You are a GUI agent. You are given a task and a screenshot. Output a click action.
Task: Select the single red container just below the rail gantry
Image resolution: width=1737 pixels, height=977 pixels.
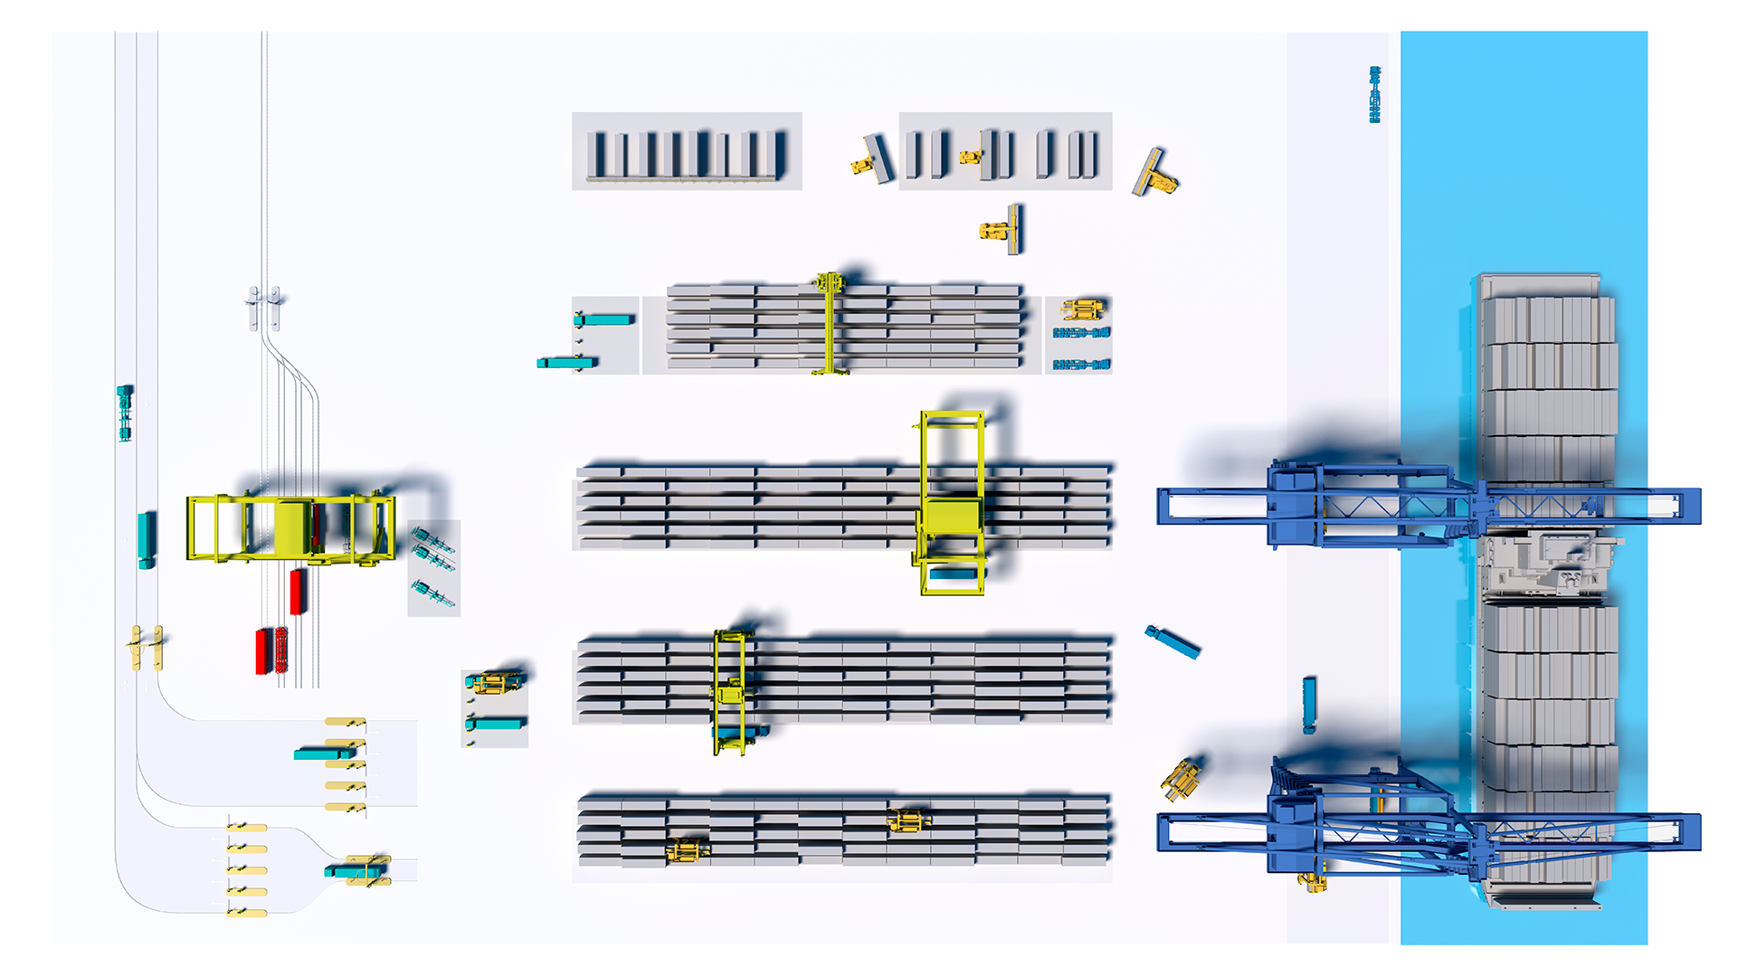coord(297,591)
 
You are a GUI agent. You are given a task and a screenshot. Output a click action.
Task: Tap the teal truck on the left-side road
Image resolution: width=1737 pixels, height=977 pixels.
coord(146,539)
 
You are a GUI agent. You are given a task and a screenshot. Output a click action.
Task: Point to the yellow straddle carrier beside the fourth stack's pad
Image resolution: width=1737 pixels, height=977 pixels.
coord(493,681)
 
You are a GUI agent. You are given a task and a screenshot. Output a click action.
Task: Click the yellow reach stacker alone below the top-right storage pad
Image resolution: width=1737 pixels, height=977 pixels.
coord(1000,230)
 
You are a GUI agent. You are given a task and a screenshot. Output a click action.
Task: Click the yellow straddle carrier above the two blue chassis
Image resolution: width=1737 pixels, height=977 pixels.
coord(1082,309)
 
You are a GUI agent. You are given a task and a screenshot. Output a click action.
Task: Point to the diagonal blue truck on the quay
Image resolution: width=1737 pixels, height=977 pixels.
coord(1173,642)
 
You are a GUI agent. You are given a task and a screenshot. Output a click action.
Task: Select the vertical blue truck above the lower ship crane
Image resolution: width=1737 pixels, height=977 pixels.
coord(1308,705)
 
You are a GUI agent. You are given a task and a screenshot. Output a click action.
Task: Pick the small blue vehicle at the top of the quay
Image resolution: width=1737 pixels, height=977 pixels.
coord(1375,94)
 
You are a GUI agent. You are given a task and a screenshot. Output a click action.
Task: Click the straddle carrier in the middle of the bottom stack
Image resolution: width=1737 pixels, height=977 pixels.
coord(907,821)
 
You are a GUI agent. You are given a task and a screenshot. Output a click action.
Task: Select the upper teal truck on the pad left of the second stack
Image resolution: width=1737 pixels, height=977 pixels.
coord(603,319)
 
